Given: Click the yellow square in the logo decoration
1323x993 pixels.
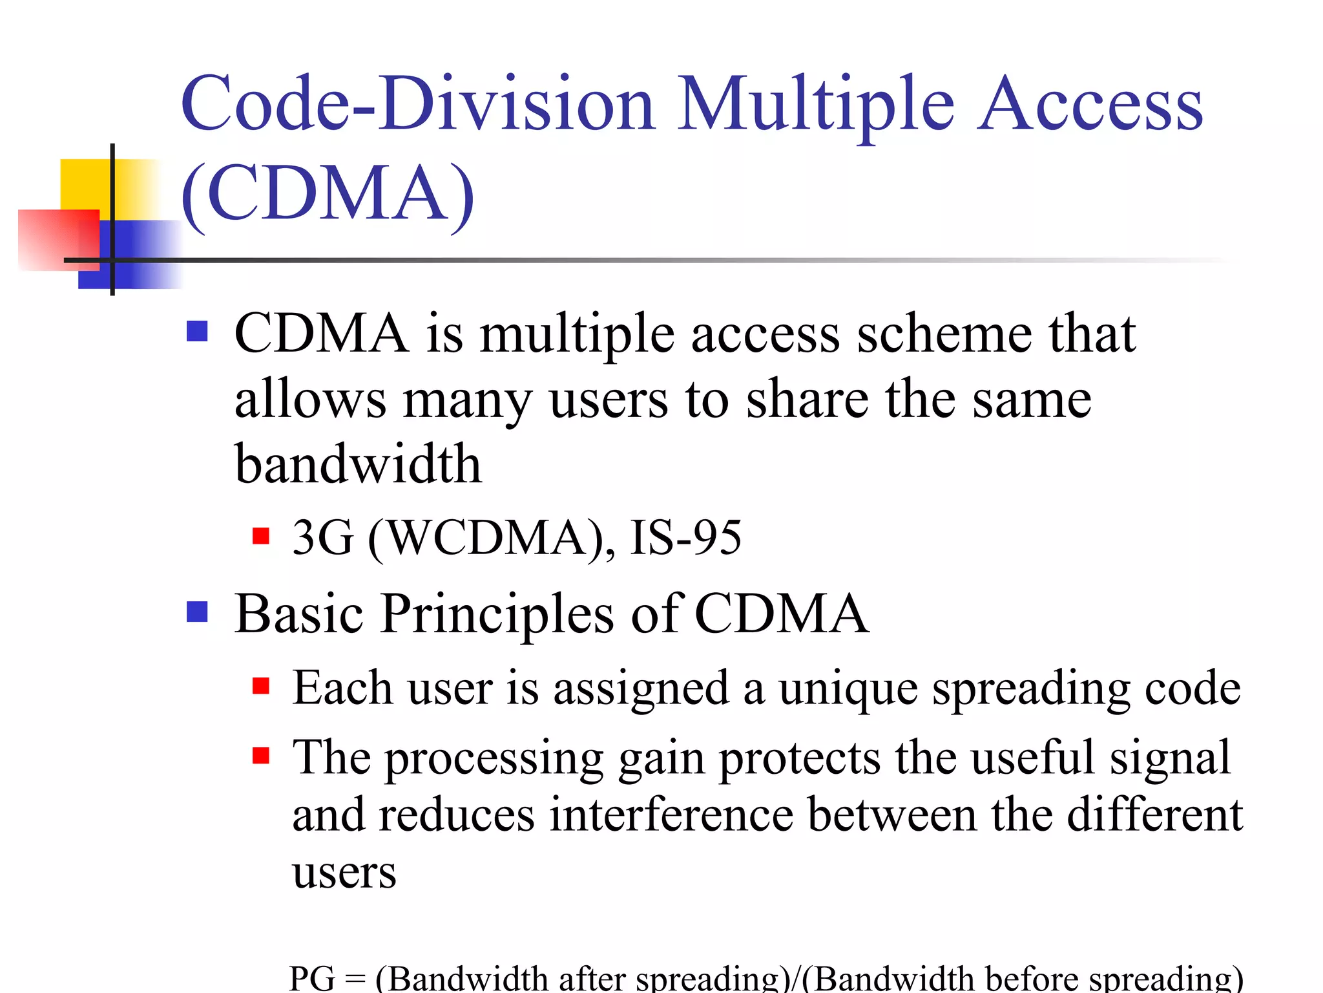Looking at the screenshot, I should coord(87,184).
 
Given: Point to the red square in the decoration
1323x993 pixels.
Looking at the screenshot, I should coord(58,239).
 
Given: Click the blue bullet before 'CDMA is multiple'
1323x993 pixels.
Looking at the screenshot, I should coord(197,332).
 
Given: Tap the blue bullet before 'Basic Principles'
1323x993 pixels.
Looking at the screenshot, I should coord(197,612).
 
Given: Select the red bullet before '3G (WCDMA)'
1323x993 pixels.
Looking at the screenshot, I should coord(261,537).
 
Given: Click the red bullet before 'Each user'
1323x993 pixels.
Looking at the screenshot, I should coord(261,686).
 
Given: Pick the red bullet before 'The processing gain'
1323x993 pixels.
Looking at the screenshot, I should coord(261,755).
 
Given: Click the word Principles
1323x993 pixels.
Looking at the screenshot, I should coord(497,614).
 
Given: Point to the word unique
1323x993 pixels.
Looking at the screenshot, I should coord(848,688).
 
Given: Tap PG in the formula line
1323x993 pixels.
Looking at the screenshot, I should coord(312,977).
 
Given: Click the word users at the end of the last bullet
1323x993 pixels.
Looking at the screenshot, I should coord(344,873).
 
